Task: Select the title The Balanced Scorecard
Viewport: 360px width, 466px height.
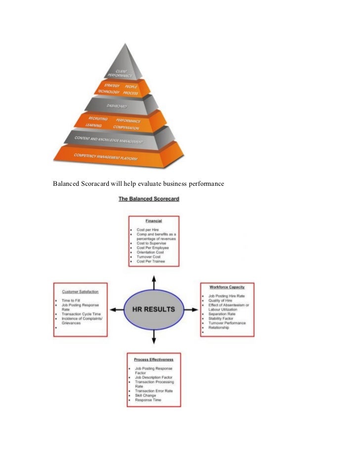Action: (148, 199)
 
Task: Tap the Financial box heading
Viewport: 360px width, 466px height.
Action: (154, 221)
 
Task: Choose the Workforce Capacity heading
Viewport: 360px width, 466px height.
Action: (226, 287)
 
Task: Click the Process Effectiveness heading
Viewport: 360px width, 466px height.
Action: (154, 359)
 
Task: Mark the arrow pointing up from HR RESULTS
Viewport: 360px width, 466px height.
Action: (154, 282)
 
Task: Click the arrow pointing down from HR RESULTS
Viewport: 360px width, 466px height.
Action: (154, 337)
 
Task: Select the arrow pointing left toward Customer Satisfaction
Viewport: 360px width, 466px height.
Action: (116, 310)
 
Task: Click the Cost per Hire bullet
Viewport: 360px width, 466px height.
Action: (147, 230)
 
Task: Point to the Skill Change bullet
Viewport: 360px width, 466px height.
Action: (145, 395)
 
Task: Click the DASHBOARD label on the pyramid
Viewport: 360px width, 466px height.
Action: (117, 106)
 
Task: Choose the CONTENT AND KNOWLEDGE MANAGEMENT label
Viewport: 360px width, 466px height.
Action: (109, 140)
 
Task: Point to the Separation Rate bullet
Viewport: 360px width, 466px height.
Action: (222, 314)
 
